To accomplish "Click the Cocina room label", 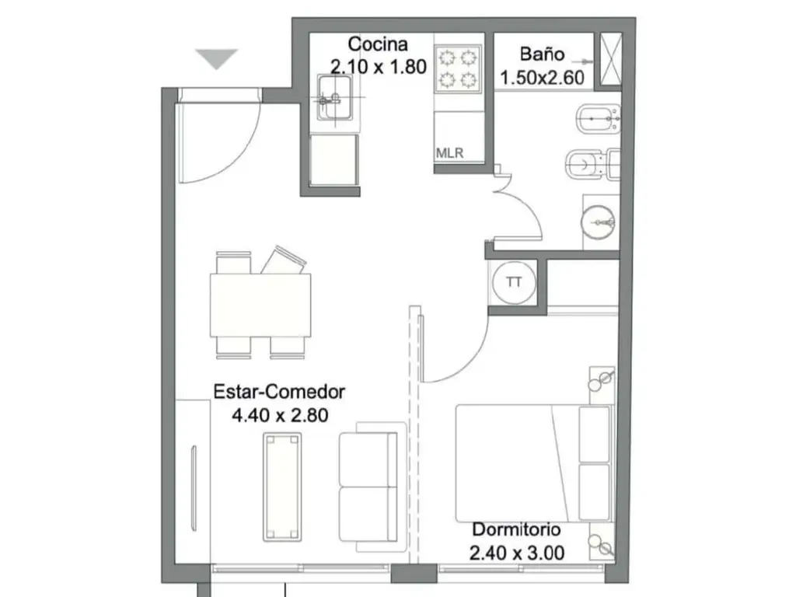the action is [x=378, y=44].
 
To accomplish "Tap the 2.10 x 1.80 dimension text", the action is [x=379, y=67].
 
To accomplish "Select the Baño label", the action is [x=542, y=54].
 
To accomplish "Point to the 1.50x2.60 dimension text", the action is [x=542, y=77].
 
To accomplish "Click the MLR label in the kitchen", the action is [x=449, y=153].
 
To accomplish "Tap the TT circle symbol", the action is [x=514, y=282].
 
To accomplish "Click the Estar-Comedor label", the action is [x=279, y=392].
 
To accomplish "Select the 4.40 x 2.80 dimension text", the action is [x=280, y=415].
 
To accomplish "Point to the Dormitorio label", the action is [x=516, y=529].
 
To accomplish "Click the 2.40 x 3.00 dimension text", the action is [x=517, y=553].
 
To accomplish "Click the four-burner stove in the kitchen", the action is [x=458, y=68].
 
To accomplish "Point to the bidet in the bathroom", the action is [x=598, y=119].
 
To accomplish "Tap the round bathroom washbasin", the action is [x=598, y=222].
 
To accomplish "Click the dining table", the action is [x=260, y=305].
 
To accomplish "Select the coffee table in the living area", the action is [x=282, y=487].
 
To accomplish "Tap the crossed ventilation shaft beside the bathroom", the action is [x=611, y=59].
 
